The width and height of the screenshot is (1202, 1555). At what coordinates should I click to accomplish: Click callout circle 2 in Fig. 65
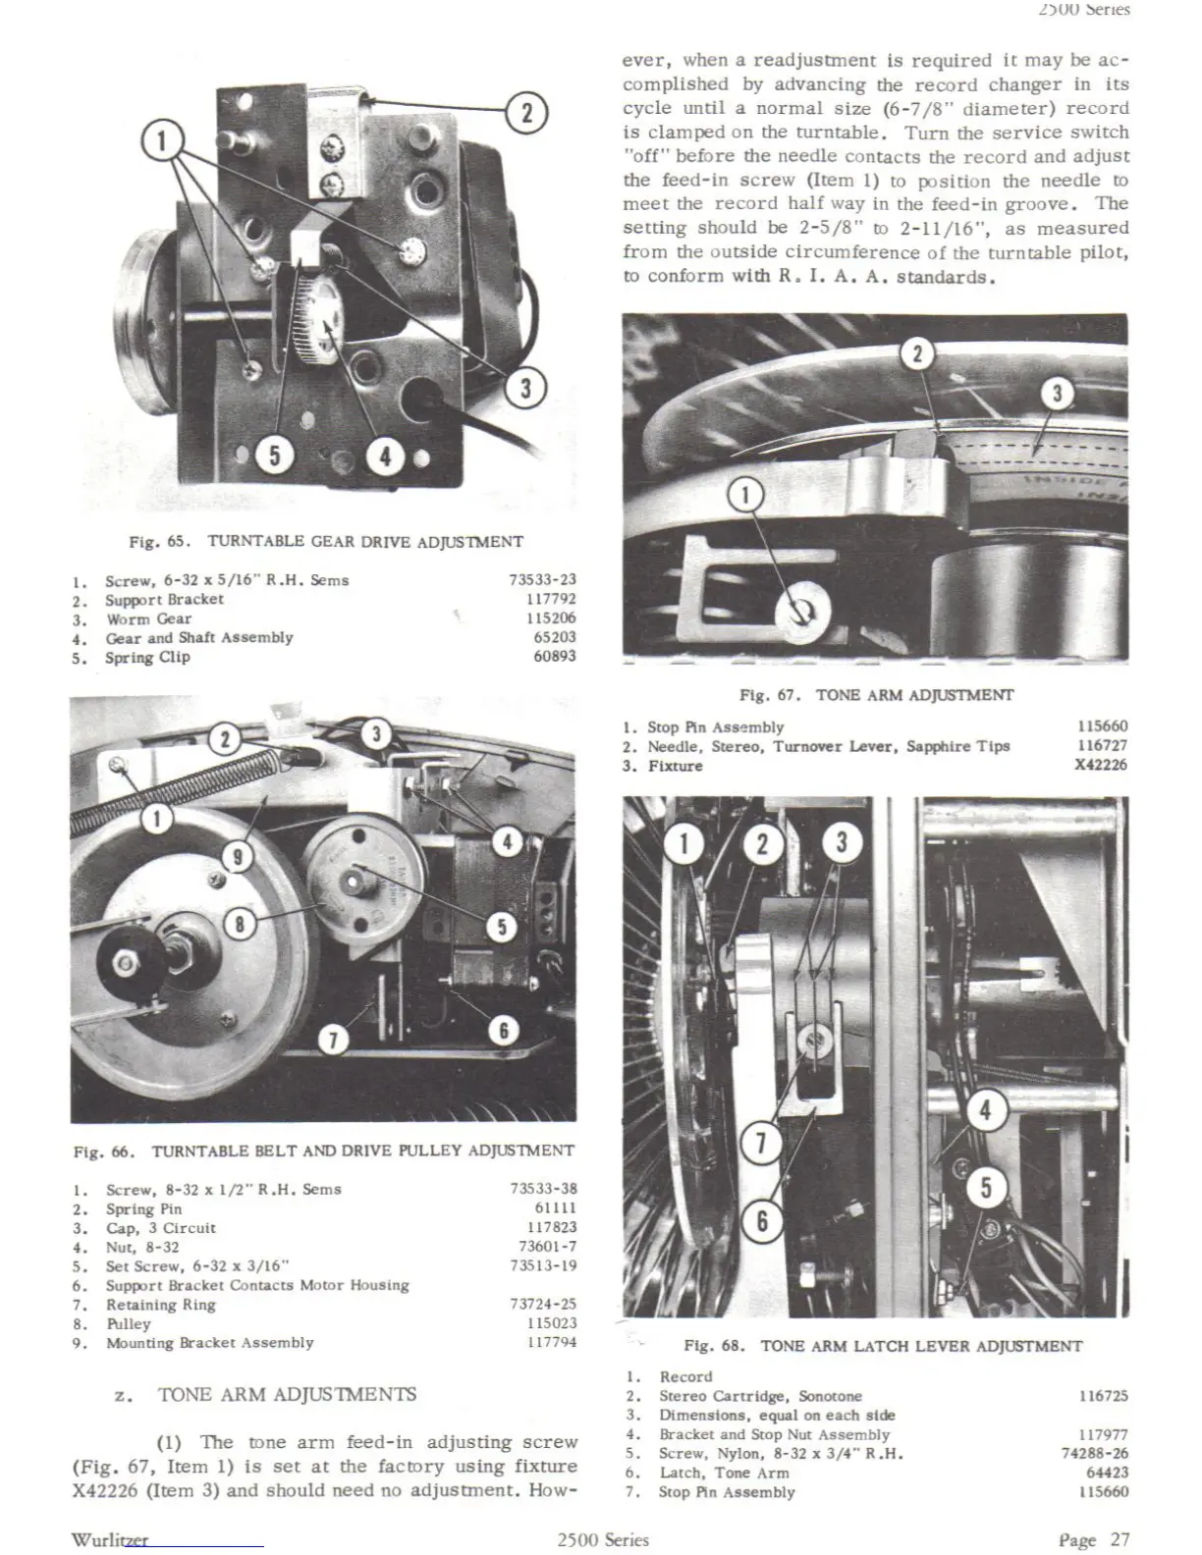(526, 113)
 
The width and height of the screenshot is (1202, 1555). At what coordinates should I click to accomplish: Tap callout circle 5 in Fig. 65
(274, 456)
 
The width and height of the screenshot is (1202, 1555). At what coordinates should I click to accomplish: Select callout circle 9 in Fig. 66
(237, 857)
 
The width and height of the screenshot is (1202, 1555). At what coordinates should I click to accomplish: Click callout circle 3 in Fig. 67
(1057, 395)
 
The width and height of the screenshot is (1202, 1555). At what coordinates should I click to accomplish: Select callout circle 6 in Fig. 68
(761, 1222)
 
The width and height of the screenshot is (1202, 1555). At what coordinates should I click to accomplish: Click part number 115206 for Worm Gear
(551, 618)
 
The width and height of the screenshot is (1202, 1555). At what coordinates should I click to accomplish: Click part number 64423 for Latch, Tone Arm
(1107, 1473)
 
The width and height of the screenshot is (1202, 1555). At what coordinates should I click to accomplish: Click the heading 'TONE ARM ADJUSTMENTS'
(287, 1395)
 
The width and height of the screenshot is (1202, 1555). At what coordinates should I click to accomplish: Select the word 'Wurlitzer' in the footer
(109, 1539)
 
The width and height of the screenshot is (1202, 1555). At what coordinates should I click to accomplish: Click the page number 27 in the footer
(1120, 1539)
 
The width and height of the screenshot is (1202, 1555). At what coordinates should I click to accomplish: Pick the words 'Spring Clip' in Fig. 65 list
(147, 657)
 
